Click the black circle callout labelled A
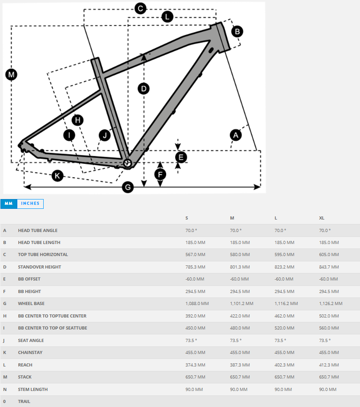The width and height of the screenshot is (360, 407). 235,134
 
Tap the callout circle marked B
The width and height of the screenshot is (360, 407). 237,32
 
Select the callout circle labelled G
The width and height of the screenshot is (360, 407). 128,187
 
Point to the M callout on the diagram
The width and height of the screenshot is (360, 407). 11,75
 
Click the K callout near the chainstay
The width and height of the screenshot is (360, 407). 57,176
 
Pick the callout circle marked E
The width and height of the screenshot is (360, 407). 180,157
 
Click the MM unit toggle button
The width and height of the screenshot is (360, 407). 8,204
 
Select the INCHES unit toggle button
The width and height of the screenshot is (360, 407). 30,204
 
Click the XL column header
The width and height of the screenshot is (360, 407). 322,218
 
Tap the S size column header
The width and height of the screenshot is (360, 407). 187,218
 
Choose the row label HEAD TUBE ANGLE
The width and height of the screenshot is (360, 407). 38,231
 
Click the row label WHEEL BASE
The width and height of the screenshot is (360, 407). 31,304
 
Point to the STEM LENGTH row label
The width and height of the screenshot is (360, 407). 33,390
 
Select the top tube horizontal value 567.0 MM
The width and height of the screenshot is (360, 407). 195,255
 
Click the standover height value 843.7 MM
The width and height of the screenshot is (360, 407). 329,267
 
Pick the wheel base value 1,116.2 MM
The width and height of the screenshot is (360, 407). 286,304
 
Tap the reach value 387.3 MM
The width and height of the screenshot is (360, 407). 240,365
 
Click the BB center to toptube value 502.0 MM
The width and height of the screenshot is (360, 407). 329,316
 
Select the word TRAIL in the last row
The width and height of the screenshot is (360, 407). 24,402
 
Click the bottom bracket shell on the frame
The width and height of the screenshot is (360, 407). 127,163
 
